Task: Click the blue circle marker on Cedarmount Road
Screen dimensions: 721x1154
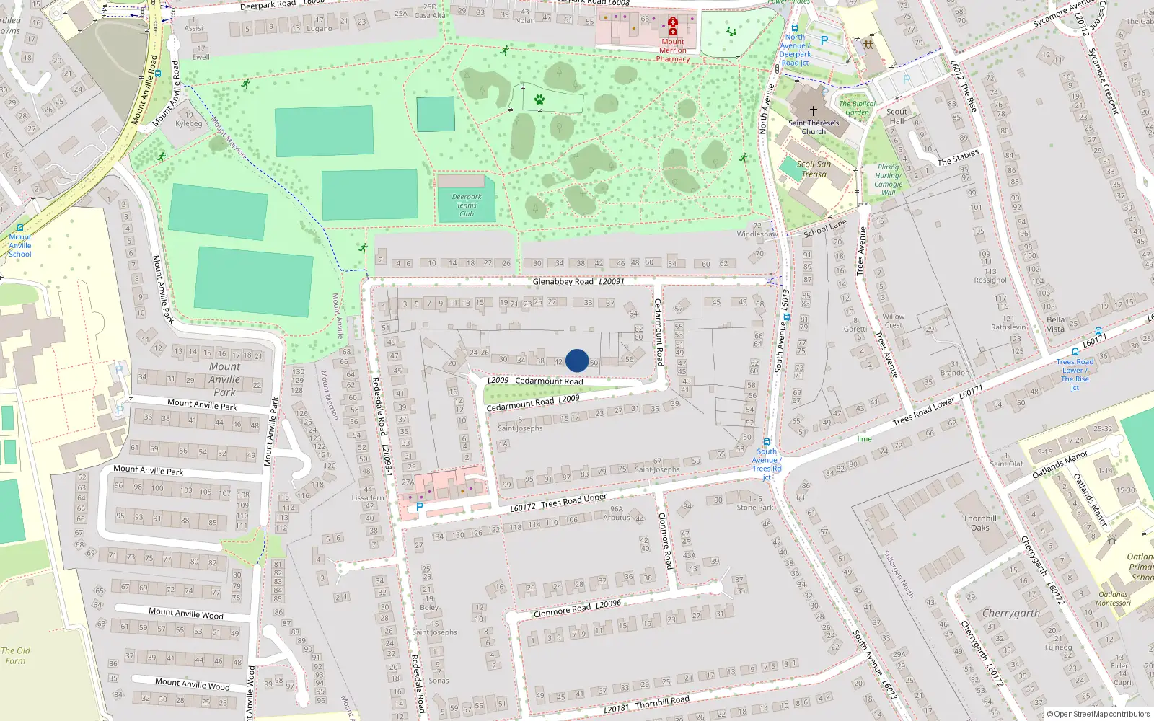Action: [577, 360]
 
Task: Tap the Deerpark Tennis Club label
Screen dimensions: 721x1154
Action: [467, 205]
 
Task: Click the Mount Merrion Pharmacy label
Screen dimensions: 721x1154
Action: [673, 50]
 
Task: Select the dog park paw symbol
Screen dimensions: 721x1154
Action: [539, 99]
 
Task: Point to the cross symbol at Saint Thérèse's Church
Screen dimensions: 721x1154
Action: [814, 111]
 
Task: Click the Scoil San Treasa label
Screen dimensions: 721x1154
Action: [814, 169]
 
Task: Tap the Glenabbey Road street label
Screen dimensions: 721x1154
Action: [563, 281]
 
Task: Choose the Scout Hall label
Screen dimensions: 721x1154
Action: [897, 116]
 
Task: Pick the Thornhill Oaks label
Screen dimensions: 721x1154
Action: [980, 523]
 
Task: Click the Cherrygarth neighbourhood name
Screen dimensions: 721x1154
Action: [1011, 613]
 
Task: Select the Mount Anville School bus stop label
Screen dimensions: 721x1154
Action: [20, 245]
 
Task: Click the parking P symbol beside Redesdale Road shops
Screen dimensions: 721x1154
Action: [419, 507]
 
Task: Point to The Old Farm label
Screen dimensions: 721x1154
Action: [15, 655]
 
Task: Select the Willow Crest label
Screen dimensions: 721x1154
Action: [893, 321]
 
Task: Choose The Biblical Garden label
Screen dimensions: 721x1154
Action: [857, 107]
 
